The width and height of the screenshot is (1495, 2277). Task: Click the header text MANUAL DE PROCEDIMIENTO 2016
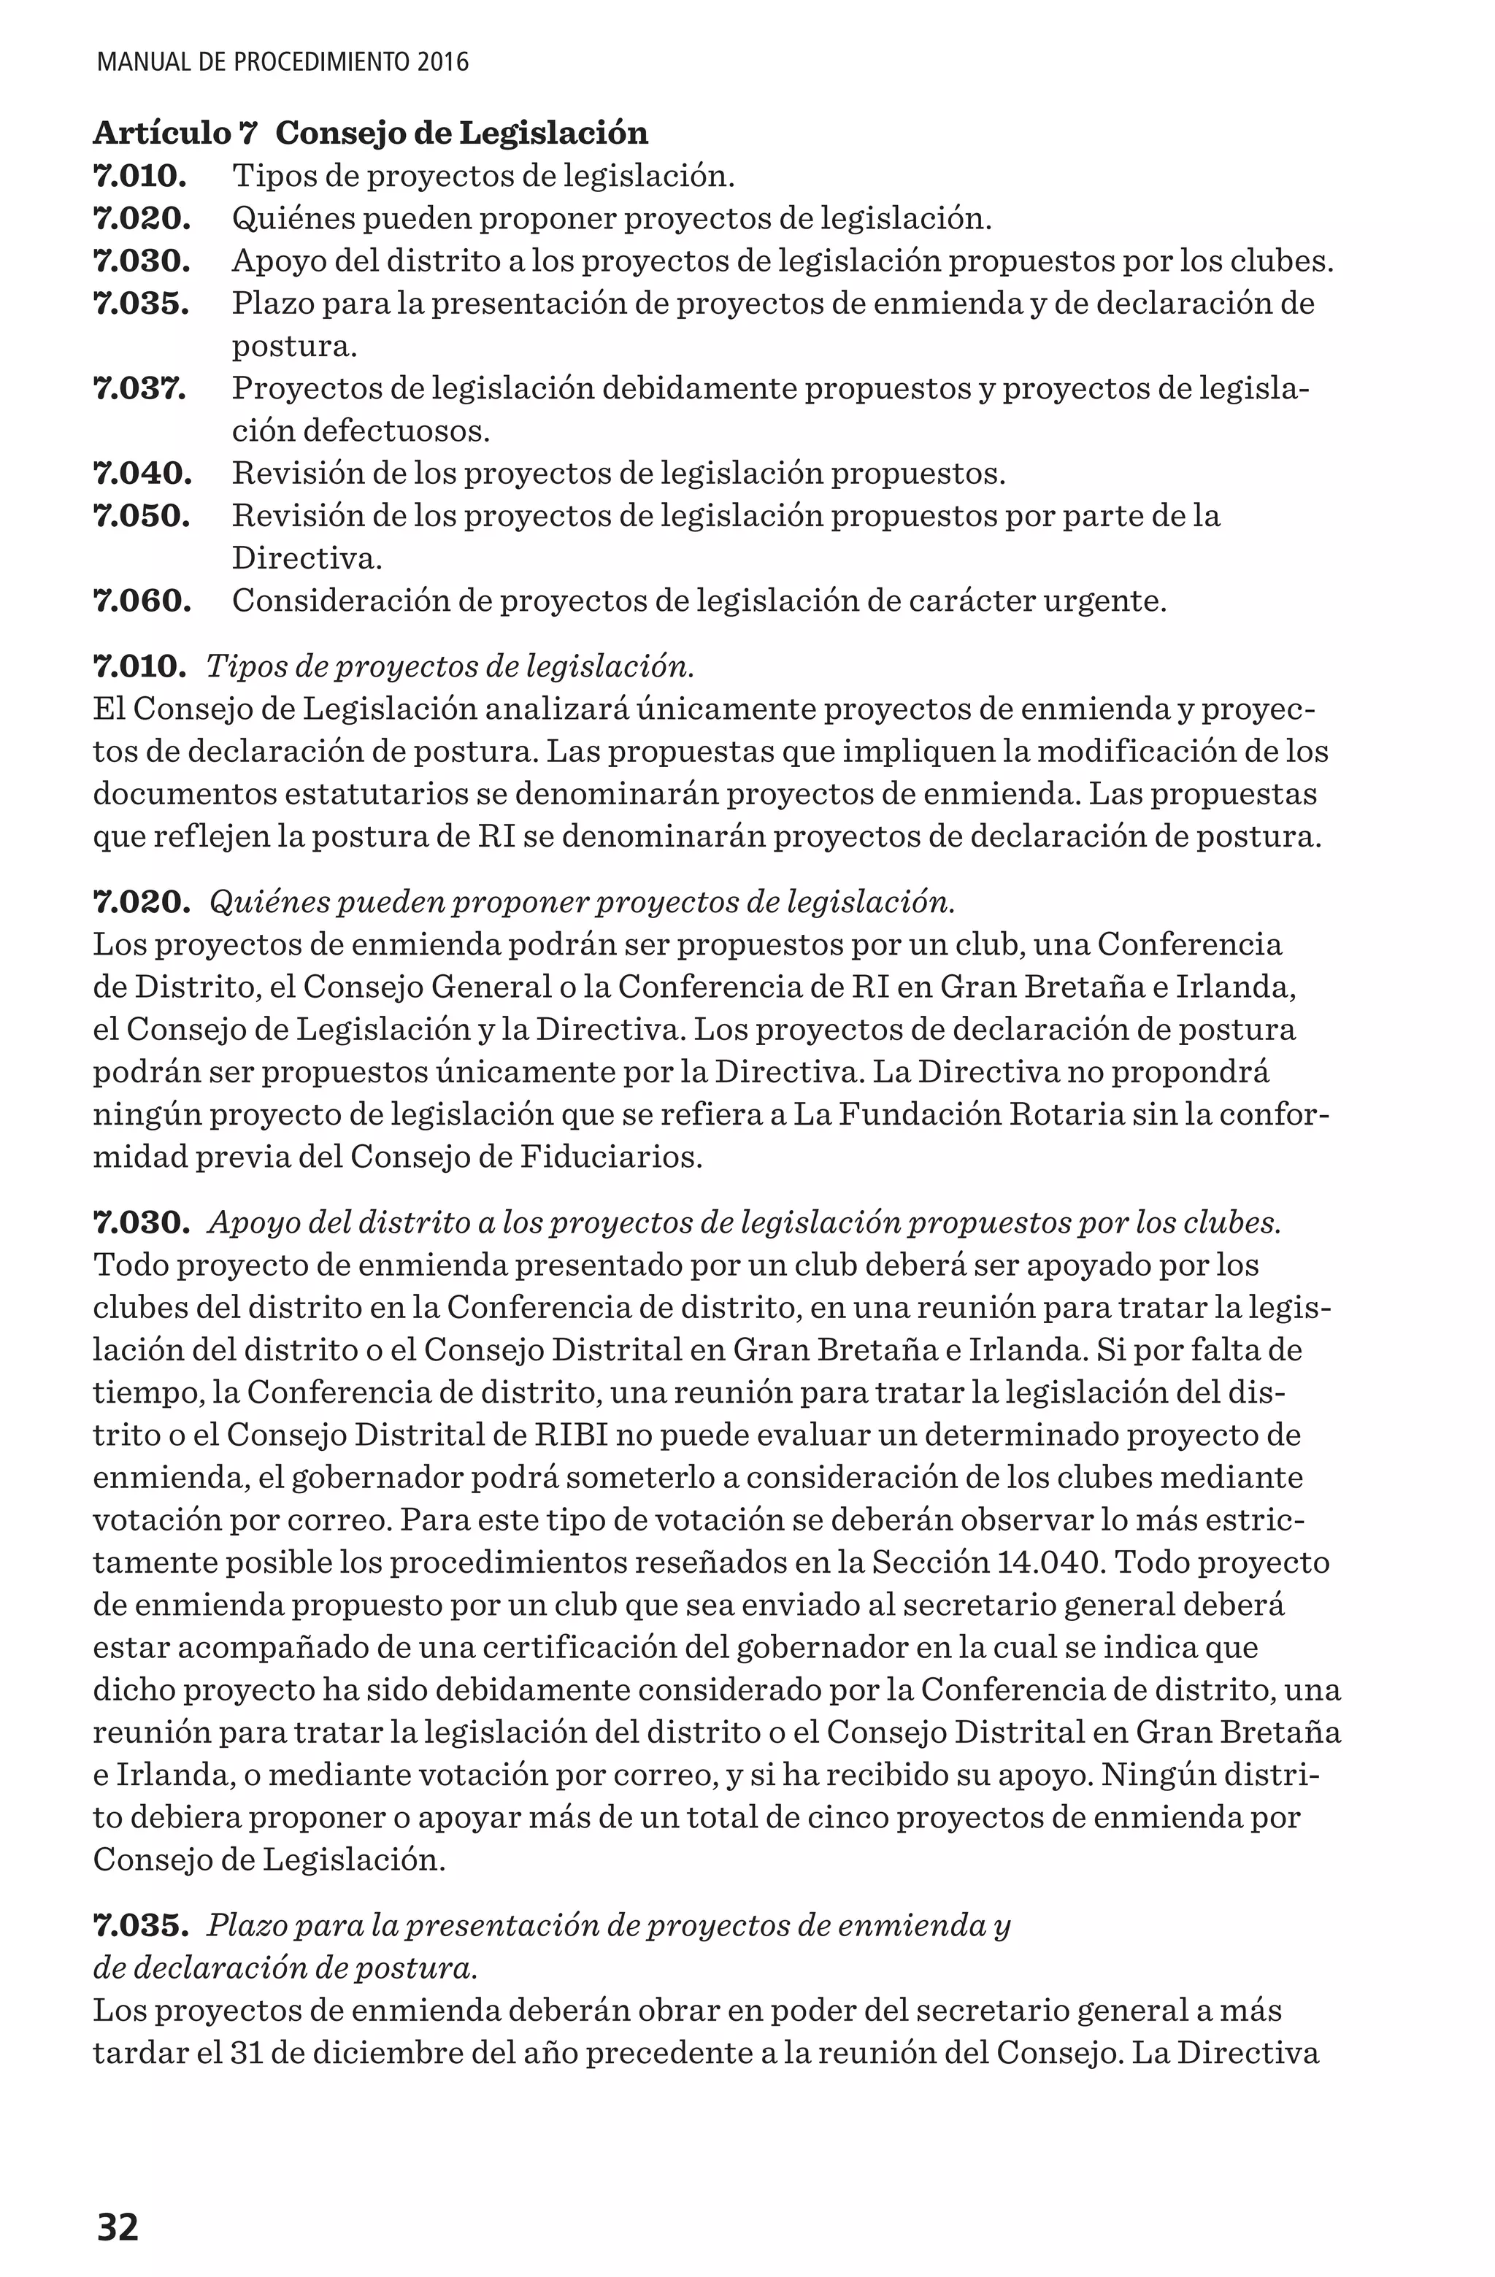point(283,63)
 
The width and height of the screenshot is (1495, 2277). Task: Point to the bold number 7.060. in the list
point(142,601)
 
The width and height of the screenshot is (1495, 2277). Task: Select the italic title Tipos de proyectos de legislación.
point(450,666)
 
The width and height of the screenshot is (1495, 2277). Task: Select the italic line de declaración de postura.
point(284,1969)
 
